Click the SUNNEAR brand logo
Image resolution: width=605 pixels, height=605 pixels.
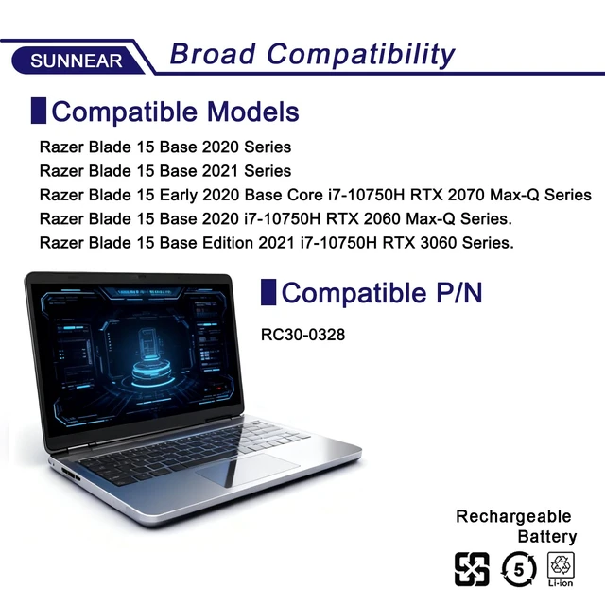(76, 60)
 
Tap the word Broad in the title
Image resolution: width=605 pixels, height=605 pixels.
(213, 54)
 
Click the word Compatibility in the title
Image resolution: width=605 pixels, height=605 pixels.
(361, 55)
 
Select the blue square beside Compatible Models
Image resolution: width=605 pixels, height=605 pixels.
(39, 111)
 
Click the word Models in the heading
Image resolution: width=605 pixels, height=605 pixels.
(253, 112)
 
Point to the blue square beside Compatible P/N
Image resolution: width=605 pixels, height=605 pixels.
(268, 292)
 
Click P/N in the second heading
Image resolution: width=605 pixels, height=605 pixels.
(459, 292)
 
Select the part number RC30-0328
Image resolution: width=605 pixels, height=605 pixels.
(302, 335)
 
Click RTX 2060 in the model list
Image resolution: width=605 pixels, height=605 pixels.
(363, 218)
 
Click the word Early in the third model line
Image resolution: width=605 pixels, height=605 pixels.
(179, 196)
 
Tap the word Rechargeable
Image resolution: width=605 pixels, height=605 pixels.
(513, 517)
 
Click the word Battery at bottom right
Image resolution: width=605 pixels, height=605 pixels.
(547, 537)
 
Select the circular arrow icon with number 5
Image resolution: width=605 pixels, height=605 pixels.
(519, 569)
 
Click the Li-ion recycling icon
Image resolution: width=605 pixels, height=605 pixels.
(561, 569)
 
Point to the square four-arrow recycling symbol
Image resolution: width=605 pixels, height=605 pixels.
(472, 569)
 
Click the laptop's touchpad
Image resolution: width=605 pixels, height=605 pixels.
(248, 470)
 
